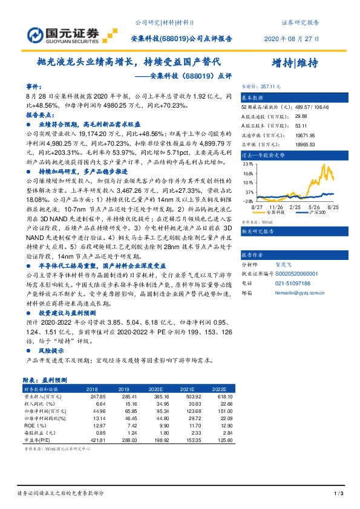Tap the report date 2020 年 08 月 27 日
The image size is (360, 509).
point(292,38)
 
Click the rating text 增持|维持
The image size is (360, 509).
point(295,63)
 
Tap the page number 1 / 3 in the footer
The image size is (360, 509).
point(339,494)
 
